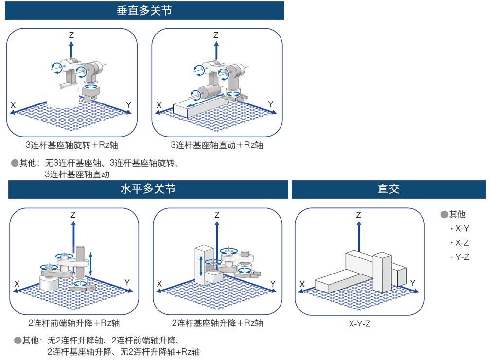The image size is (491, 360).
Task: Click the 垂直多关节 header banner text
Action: coord(144,11)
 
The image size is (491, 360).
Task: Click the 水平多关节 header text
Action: coord(148,189)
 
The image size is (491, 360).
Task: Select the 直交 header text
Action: coord(388,189)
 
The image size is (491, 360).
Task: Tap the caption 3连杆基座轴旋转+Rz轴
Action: coord(72,145)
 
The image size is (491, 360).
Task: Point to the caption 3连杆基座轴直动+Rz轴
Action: coord(217,145)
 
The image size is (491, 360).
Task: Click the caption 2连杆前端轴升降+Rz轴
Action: coord(74,323)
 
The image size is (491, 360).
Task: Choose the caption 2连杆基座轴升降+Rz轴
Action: coord(217,323)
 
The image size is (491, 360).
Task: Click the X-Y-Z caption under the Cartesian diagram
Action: coord(359,324)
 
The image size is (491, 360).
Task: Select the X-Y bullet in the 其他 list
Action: coord(459,229)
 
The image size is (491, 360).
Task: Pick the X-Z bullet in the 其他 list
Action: coord(459,243)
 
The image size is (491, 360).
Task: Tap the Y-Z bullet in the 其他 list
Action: coord(459,257)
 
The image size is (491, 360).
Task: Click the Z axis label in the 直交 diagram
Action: coord(358,215)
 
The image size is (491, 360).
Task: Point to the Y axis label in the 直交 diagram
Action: coord(413,283)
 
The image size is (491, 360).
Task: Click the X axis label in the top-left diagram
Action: coord(13,105)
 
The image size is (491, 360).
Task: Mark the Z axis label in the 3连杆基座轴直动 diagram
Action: coord(216,35)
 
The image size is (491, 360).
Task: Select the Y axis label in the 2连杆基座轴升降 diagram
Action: coord(273,283)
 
